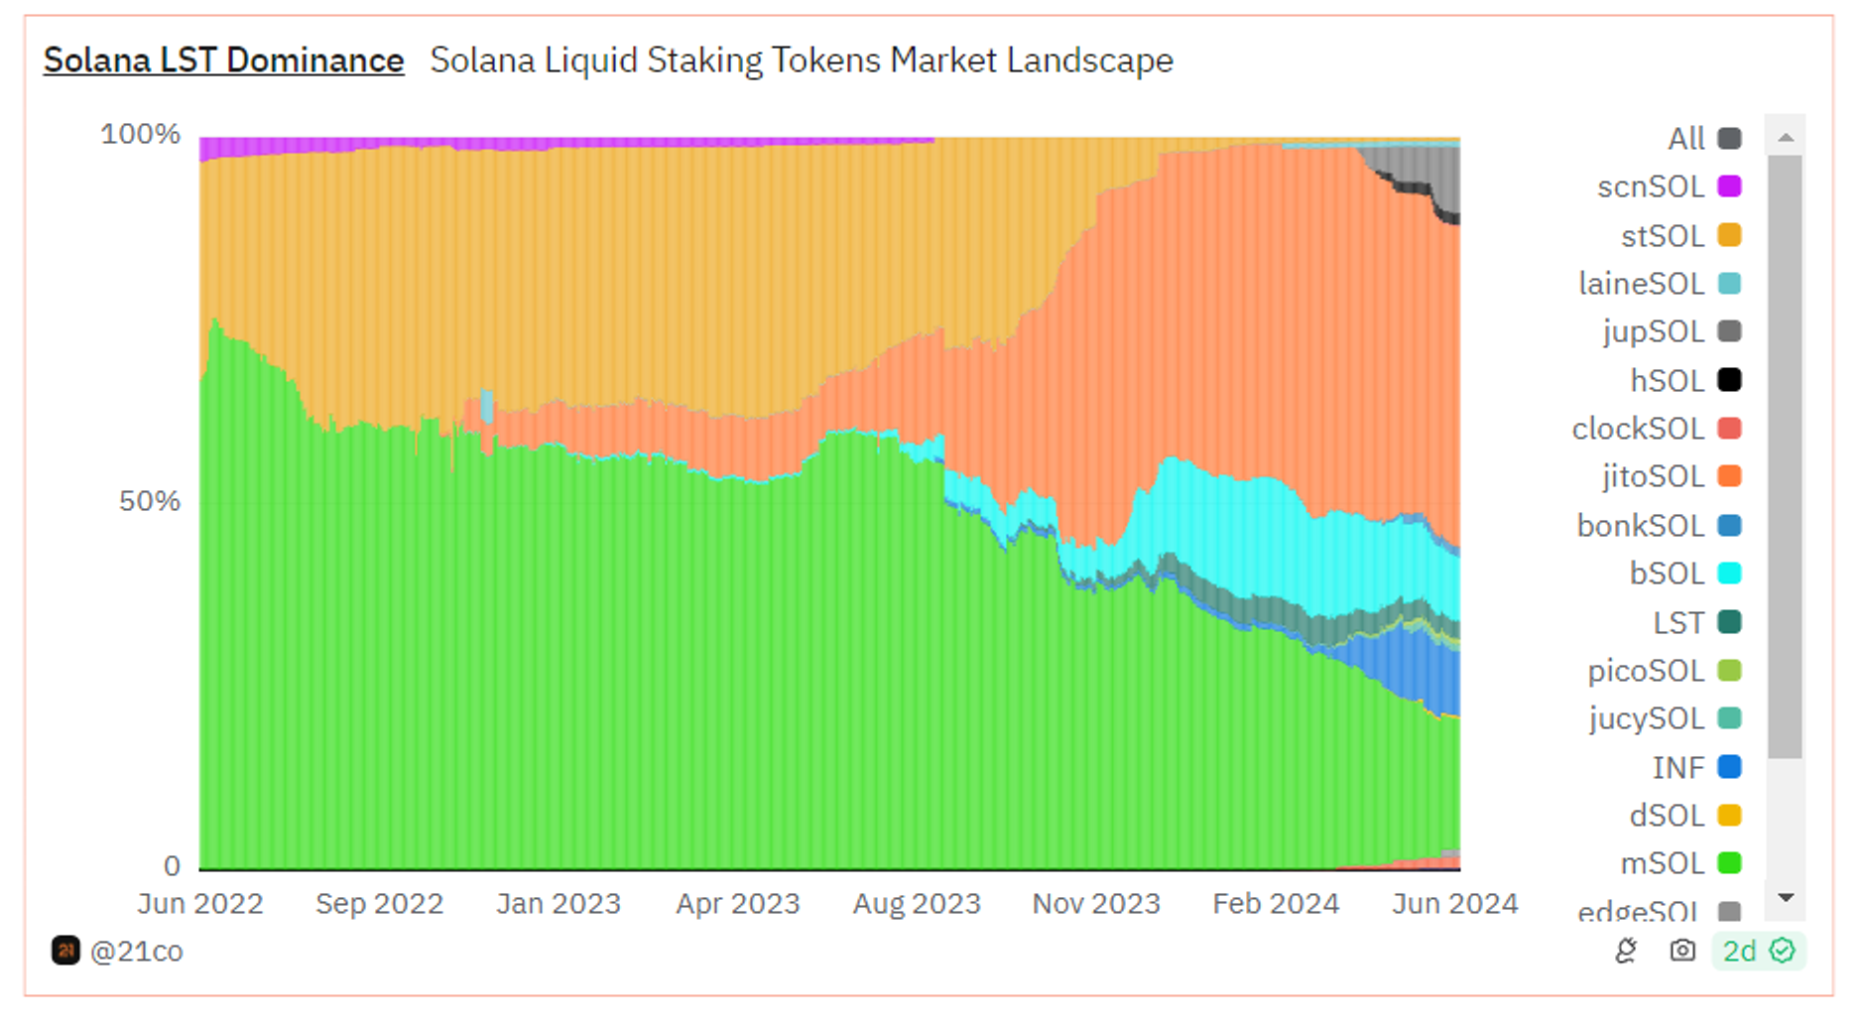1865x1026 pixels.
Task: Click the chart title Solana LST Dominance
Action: (223, 61)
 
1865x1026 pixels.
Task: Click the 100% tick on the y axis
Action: (140, 134)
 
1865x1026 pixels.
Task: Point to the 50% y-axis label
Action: (149, 501)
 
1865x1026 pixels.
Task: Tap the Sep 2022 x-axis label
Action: (379, 904)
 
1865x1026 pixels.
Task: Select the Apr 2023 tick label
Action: (737, 904)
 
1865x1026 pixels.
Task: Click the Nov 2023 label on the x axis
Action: (1095, 904)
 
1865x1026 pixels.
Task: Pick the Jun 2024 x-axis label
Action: (1454, 904)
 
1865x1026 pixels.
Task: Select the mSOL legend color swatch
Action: (1729, 863)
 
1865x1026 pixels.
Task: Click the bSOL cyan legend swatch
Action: (1729, 574)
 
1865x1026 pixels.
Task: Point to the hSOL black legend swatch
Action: (1729, 380)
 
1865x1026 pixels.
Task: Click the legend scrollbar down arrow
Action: (1786, 898)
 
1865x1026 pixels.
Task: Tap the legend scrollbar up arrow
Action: (1786, 137)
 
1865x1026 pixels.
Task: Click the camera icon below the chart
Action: (1682, 951)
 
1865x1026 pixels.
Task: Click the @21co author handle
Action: (136, 952)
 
